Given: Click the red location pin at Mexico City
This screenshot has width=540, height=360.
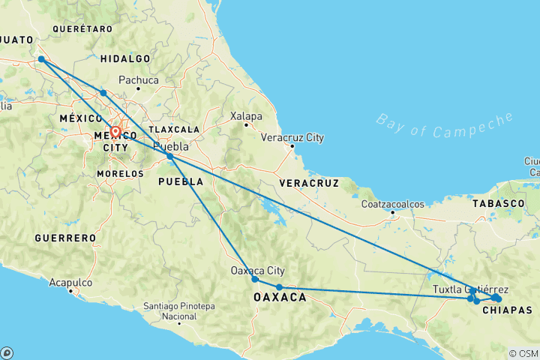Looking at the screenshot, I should click(115, 133).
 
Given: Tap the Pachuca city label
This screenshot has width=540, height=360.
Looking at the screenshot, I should click(139, 80).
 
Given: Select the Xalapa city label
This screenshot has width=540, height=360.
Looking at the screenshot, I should click(246, 116).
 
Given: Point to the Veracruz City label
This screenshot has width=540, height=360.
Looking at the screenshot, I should click(292, 138).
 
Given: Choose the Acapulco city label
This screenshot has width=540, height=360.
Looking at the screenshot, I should click(70, 283).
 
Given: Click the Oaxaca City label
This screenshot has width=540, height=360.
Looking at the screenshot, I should click(257, 271).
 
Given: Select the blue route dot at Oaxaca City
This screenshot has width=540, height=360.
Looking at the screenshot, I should click(255, 280).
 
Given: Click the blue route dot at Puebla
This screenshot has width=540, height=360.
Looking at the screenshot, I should click(170, 156).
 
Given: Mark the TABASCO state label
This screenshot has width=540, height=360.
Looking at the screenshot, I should click(498, 203).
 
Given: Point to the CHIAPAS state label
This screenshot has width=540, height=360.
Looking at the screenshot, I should click(507, 310).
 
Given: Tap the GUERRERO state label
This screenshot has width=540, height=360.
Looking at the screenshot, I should click(65, 238).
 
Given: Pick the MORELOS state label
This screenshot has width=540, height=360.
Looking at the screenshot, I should click(120, 173).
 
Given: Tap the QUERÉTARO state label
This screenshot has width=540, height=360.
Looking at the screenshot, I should click(82, 28).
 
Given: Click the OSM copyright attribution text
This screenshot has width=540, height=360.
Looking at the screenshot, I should click(523, 353).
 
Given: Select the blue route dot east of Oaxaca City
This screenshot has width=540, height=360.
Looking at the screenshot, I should click(279, 287).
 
